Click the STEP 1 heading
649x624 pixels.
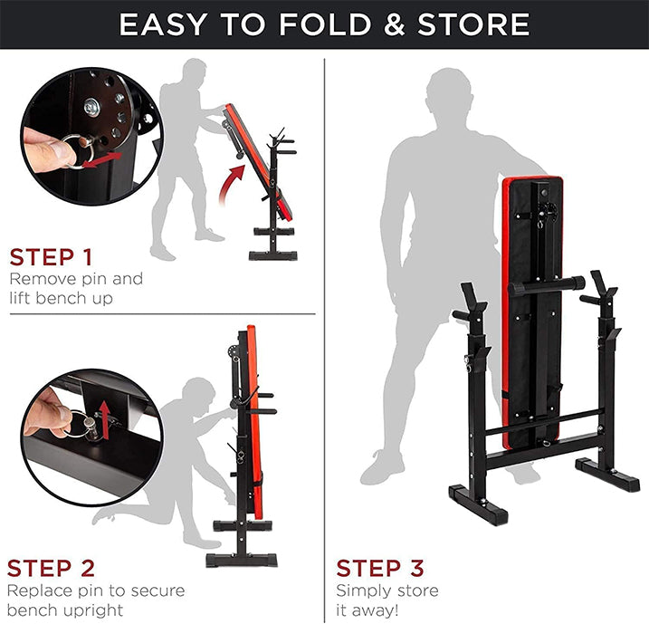click(51, 257)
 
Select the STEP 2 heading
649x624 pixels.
click(52, 569)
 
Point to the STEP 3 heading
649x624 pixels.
click(380, 569)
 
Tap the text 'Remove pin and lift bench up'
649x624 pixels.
click(76, 288)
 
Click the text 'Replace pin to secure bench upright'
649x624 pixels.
click(96, 600)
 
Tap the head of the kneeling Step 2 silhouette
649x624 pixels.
click(198, 395)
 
